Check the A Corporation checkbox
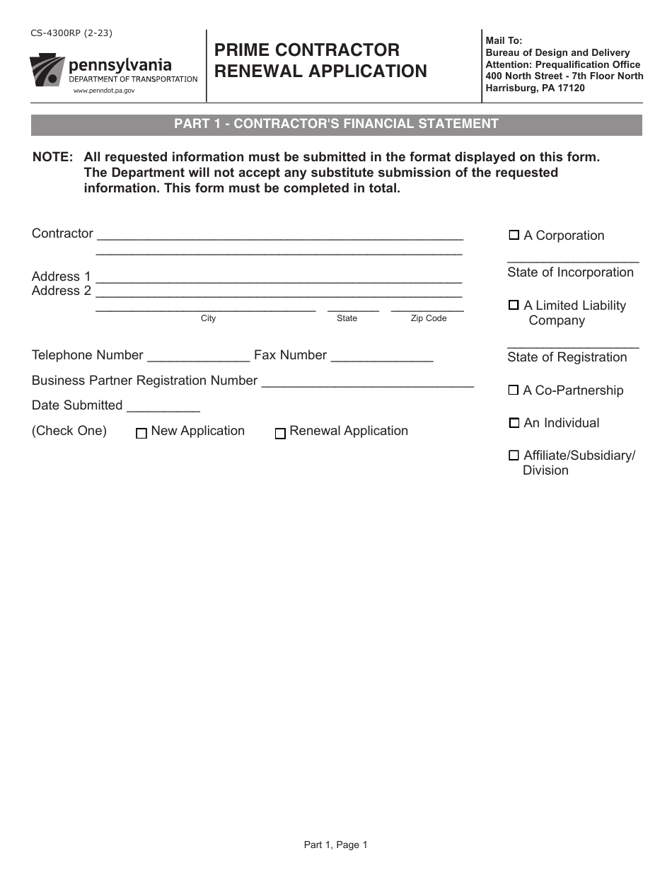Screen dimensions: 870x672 514,236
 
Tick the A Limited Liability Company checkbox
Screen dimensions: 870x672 514,306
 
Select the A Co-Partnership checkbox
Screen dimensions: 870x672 514,390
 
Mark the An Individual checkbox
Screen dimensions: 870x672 514,423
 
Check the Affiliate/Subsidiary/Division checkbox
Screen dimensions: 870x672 514,456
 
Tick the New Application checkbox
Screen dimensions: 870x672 141,434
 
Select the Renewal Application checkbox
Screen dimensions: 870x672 280,434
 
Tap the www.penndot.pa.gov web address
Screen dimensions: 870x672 103,91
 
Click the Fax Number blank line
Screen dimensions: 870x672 382,358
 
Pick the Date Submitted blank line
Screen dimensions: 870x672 163,408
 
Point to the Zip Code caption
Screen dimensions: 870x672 429,318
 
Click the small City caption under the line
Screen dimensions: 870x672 208,318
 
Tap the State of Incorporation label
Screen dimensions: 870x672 570,272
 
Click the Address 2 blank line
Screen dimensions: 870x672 279,293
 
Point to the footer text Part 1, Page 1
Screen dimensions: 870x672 335,844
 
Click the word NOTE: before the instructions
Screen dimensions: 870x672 53,157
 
